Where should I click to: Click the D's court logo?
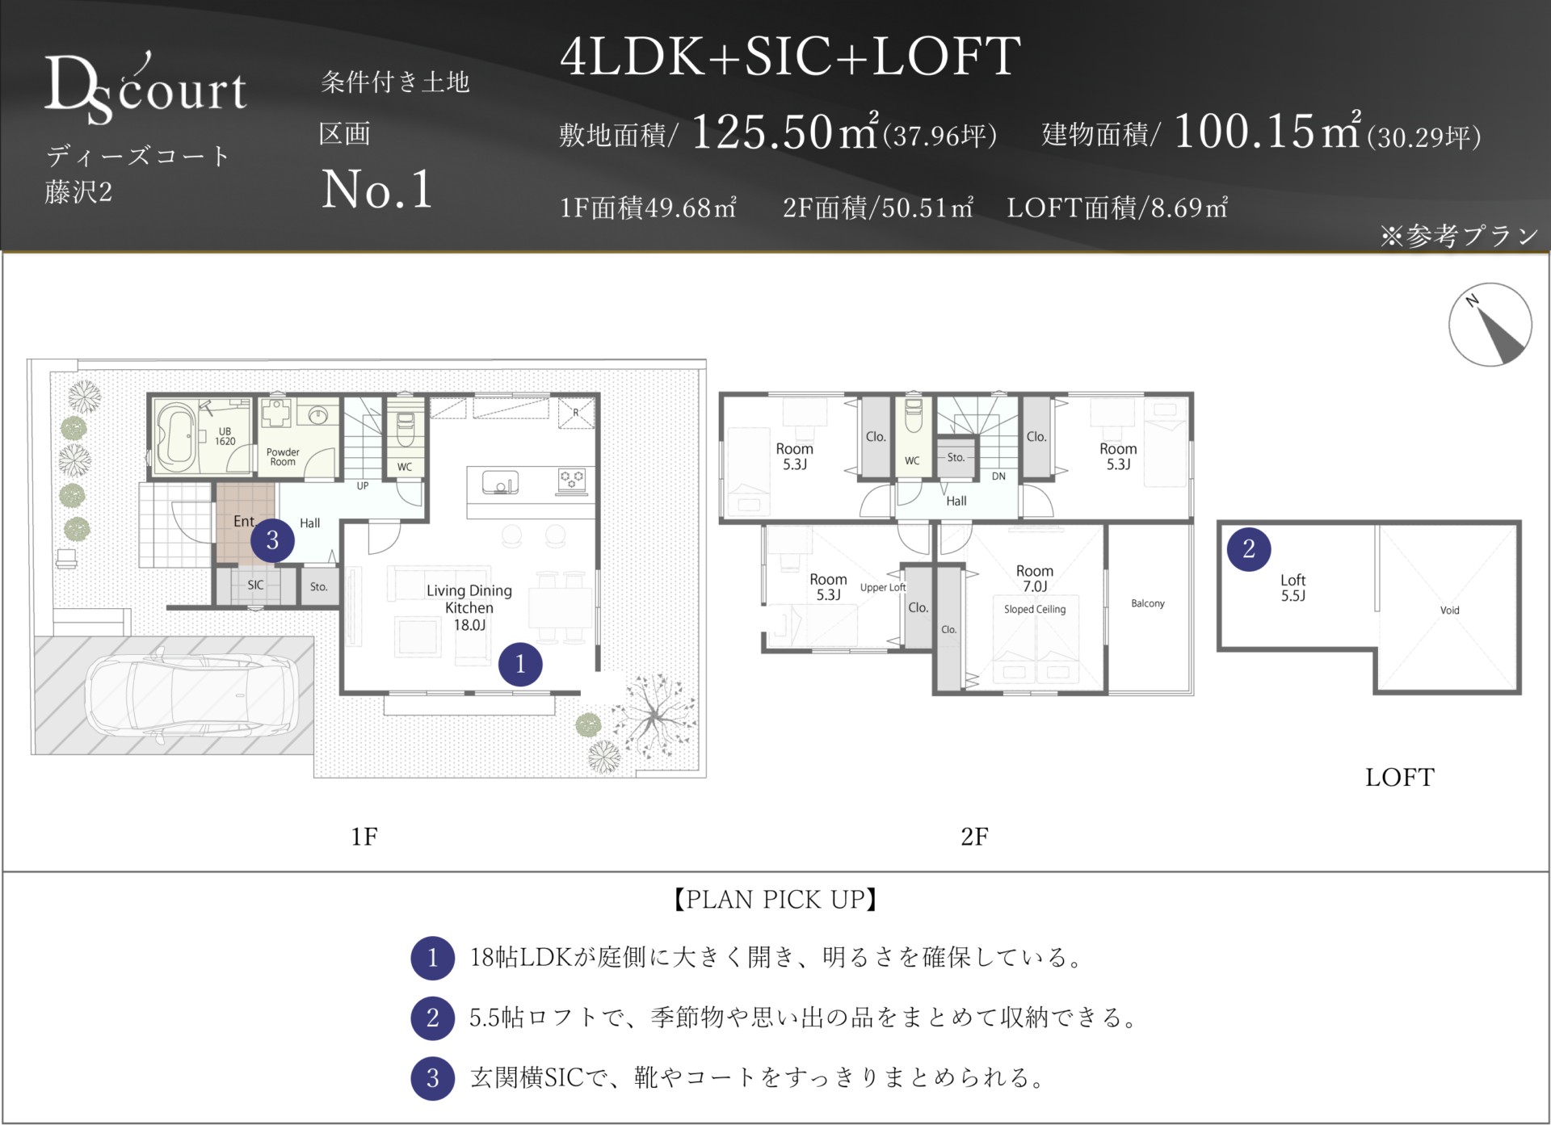point(145,87)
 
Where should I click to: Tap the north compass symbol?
point(1490,325)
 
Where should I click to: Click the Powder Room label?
point(283,457)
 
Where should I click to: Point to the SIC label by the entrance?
point(255,585)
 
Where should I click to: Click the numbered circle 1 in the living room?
point(520,664)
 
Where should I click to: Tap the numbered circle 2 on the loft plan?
point(1249,549)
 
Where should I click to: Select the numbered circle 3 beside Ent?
point(272,540)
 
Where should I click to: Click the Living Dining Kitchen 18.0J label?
point(469,607)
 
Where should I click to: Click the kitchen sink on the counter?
point(501,483)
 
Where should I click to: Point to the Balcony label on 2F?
point(1148,603)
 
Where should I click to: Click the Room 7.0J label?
point(1035,578)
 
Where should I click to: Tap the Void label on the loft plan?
point(1450,611)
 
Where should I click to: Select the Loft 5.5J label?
point(1292,588)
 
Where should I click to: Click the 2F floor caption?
point(974,836)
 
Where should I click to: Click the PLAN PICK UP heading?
point(775,899)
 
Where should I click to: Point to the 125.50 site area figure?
point(762,132)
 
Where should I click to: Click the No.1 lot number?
point(377,190)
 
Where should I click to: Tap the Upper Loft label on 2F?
point(883,587)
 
